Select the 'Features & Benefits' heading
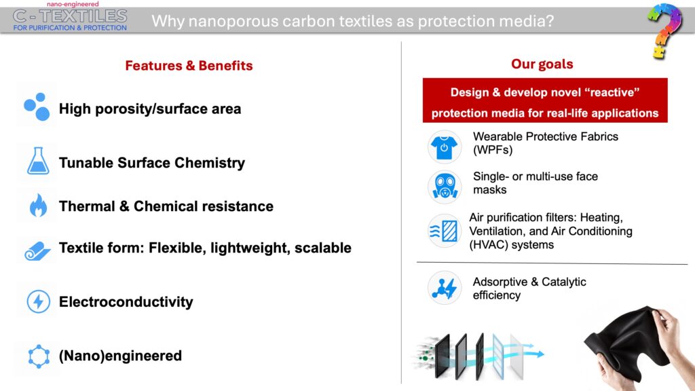pos(189,66)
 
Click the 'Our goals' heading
pos(542,64)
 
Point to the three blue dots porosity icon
pos(37,107)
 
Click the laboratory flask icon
pos(38,161)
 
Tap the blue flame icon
pos(38,205)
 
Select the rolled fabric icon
pos(37,250)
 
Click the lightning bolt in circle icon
pos(39,301)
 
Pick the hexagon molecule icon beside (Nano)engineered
pos(39,356)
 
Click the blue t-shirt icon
pos(444,147)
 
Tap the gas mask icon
pos(445,187)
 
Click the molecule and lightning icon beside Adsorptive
pos(445,288)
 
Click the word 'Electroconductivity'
pos(126,302)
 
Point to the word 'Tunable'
pos(86,163)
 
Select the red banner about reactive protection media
pos(545,100)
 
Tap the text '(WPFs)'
pos(493,150)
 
